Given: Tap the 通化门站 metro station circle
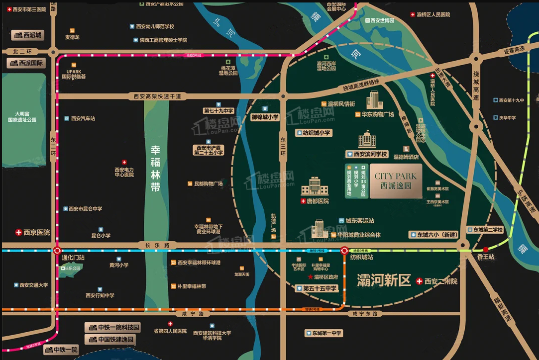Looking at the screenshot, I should tap(57, 251).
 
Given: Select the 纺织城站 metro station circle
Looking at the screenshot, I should tap(344, 251).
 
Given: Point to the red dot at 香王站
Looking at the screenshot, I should tap(486, 250).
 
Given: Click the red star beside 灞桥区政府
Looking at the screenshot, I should tap(311, 277).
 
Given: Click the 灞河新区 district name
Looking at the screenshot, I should tap(384, 281).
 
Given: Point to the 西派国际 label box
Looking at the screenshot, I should tap(26, 63).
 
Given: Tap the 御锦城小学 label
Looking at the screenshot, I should tap(265, 117).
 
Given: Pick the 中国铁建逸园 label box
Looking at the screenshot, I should tap(112, 340).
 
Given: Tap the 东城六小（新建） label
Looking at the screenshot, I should tap(433, 235).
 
